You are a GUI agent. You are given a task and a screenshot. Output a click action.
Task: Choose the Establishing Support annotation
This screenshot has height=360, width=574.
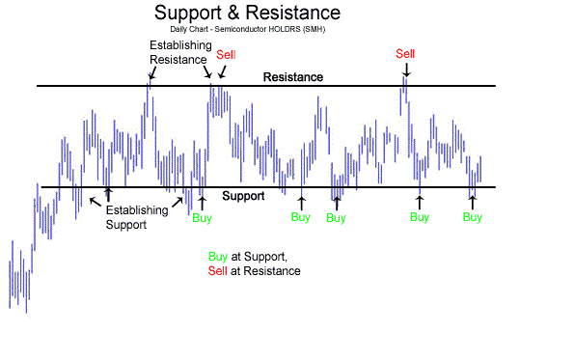[x=135, y=217]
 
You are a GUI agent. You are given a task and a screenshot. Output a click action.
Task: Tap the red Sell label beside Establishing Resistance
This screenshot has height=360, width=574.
[x=226, y=54]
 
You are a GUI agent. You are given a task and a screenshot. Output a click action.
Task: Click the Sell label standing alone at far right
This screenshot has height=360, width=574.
[x=406, y=53]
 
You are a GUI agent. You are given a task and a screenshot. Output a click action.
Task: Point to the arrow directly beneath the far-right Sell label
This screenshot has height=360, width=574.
[x=406, y=69]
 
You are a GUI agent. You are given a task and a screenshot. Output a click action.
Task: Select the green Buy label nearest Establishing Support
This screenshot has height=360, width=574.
[x=202, y=218]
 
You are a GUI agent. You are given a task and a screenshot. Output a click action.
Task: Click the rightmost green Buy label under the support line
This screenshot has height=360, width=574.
[x=472, y=217]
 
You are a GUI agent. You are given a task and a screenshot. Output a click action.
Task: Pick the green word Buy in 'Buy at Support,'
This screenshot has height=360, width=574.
[x=217, y=256]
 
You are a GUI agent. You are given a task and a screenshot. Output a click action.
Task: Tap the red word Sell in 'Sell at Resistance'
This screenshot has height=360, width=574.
[x=217, y=271]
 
